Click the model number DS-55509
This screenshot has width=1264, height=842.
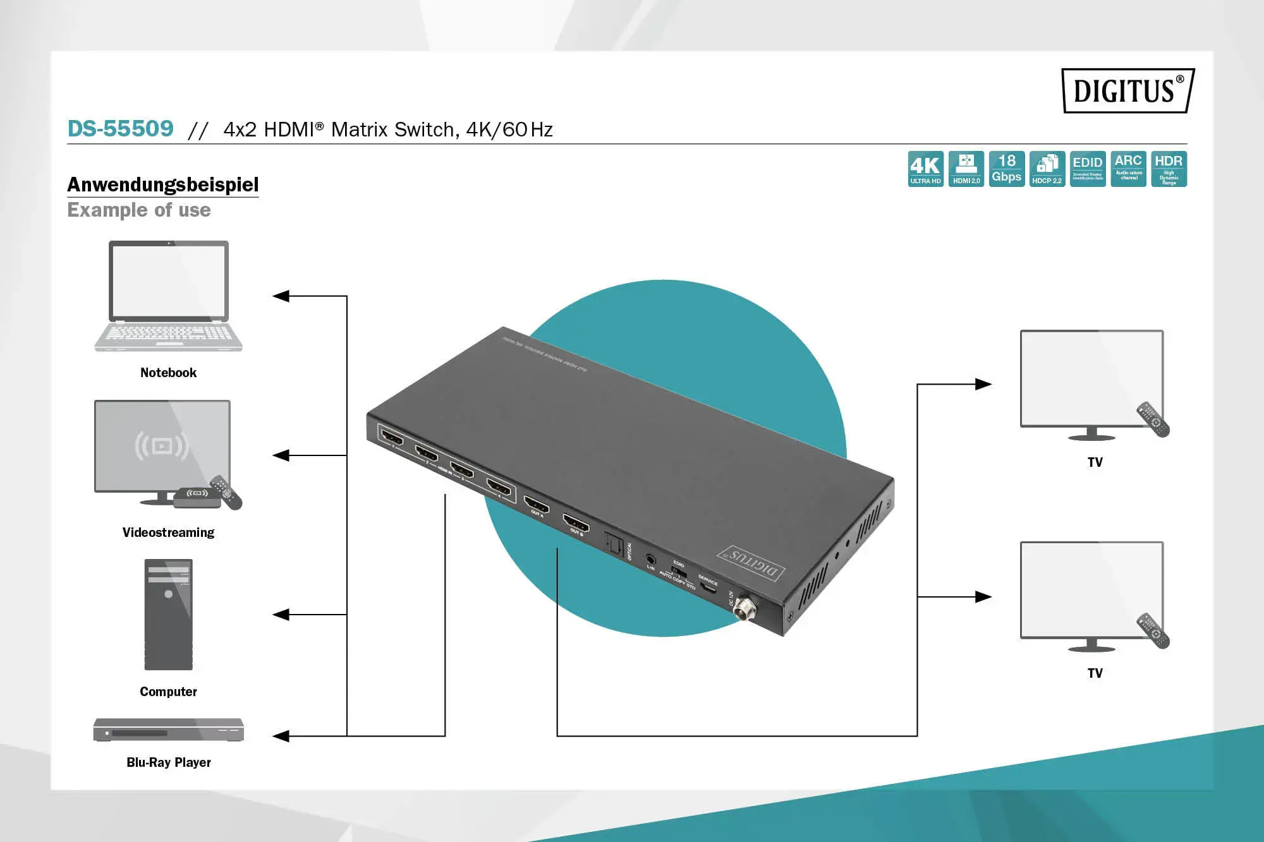[x=120, y=129]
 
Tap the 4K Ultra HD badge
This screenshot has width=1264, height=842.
[x=925, y=169]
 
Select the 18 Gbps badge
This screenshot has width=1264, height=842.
[x=1006, y=169]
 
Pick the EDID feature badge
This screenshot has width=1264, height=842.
[x=1087, y=169]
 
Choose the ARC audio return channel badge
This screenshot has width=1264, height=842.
[x=1128, y=169]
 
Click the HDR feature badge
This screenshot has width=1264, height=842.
[x=1169, y=169]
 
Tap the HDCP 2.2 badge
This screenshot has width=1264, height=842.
[x=1047, y=169]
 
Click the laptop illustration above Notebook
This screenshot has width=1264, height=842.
[x=168, y=296]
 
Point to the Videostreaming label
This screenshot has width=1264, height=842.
[x=168, y=532]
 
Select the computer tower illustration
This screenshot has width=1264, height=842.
[x=168, y=615]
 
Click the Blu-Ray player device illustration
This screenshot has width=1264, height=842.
[x=168, y=730]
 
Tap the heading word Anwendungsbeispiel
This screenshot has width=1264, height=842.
[x=163, y=184]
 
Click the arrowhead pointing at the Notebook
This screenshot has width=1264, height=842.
[x=281, y=296]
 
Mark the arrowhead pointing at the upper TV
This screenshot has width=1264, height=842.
[x=983, y=384]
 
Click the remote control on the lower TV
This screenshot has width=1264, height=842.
[x=1153, y=630]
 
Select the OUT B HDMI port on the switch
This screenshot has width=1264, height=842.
[x=576, y=524]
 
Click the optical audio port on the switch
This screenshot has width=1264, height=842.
[x=614, y=543]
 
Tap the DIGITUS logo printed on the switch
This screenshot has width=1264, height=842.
[x=752, y=563]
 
